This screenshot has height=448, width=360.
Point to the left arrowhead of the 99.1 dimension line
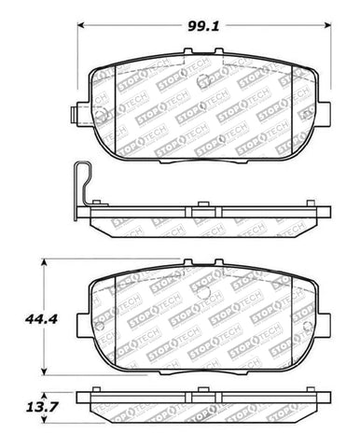77,28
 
